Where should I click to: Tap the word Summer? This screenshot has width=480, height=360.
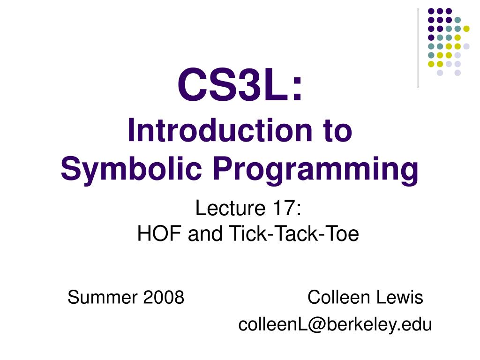click(x=97, y=297)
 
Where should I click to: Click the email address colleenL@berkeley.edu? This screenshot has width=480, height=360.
click(x=335, y=324)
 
